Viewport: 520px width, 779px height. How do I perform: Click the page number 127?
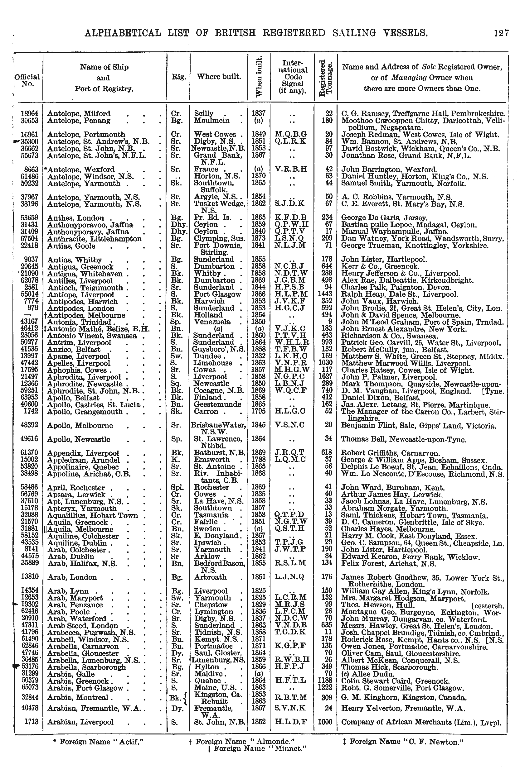pos(501,33)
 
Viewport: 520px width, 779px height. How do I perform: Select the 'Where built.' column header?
pos(219,77)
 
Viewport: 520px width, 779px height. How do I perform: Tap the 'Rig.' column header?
pos(178,77)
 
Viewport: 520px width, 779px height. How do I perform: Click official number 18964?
pos(29,113)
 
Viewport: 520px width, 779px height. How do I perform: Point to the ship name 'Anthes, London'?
pos(75,218)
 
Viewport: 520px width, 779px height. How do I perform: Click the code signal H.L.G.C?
pos(290,411)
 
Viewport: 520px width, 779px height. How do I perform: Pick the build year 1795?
pos(258,411)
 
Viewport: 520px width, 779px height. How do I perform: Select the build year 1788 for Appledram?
pos(258,460)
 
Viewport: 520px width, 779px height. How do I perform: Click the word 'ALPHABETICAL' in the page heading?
pos(123,33)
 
